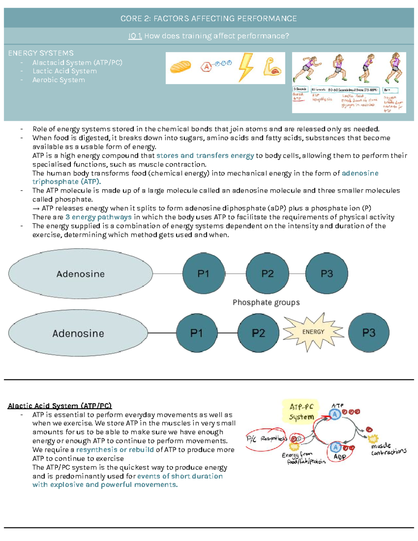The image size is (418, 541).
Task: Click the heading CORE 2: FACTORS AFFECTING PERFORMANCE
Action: (208, 18)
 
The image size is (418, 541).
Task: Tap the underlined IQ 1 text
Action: (135, 36)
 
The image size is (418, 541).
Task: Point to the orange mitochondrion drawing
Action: (180, 67)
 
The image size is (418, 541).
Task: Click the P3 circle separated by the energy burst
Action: (369, 333)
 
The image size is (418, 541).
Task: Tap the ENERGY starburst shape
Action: (313, 332)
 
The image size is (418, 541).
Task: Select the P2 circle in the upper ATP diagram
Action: (267, 274)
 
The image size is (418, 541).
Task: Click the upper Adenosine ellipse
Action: (80, 274)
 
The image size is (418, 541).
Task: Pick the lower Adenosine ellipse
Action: (78, 333)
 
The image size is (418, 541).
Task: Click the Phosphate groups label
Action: (266, 302)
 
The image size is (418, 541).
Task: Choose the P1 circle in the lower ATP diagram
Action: (196, 333)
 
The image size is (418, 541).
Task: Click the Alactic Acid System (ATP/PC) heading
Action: (60, 406)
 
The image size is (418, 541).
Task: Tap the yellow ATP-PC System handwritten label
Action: (301, 412)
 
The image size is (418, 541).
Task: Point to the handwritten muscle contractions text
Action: (388, 449)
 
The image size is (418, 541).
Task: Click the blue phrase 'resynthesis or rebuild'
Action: (115, 450)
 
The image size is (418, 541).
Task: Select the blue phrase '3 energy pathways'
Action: (99, 217)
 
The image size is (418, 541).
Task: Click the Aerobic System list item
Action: (59, 80)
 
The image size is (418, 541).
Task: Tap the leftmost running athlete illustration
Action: (307, 69)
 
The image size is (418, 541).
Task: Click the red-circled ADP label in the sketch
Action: (340, 456)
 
